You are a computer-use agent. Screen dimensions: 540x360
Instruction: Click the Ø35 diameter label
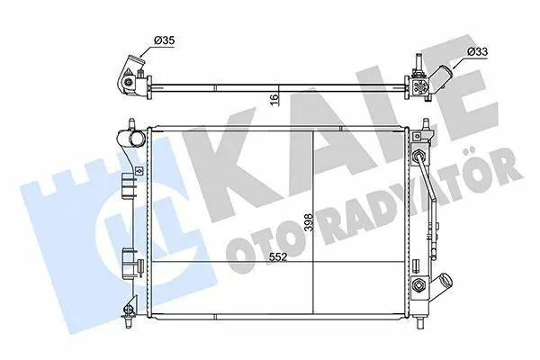tap(165, 40)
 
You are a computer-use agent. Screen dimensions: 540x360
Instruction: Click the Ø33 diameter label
tap(478, 51)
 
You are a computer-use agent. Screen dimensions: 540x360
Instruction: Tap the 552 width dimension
tap(278, 256)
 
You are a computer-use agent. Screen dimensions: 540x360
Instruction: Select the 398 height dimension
tap(308, 222)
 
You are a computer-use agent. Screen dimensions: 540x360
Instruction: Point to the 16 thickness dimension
tap(274, 100)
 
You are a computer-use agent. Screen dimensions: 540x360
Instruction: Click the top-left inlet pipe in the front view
tap(135, 139)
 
